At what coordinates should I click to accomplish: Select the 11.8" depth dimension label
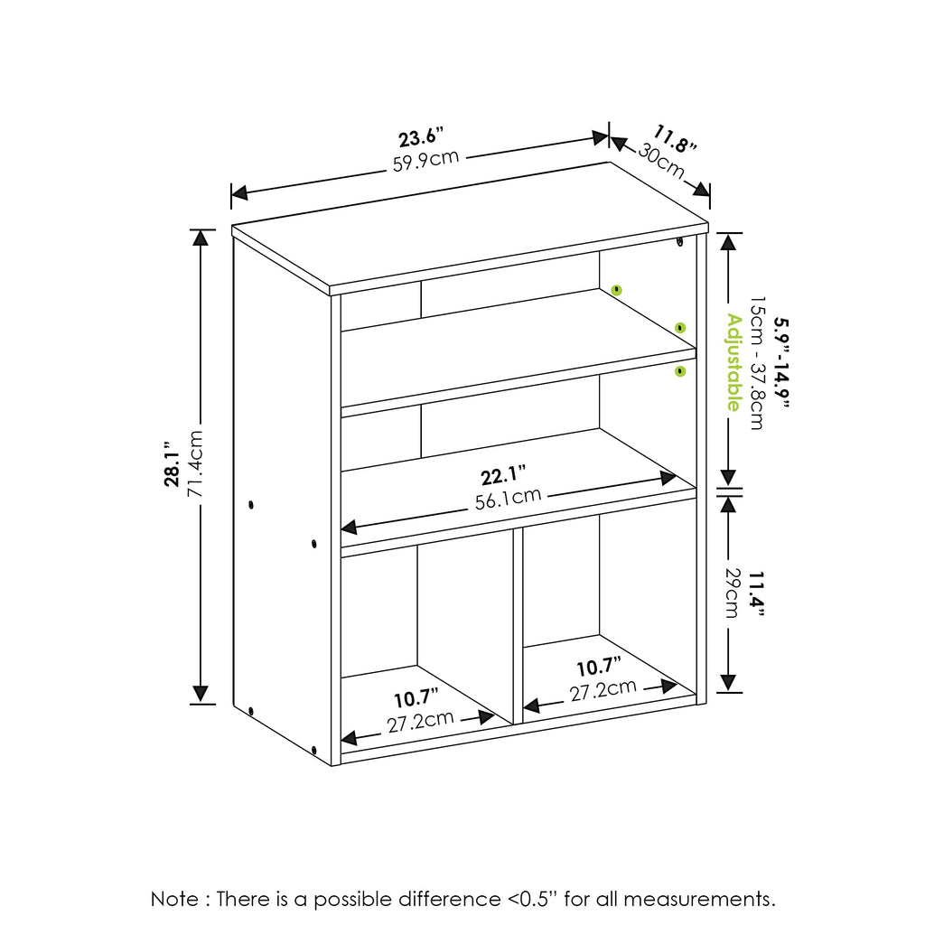click(676, 141)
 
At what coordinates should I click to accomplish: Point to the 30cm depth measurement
click(661, 161)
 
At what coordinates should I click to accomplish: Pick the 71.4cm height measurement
click(196, 464)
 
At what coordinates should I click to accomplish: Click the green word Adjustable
click(733, 361)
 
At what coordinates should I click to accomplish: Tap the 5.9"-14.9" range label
click(782, 361)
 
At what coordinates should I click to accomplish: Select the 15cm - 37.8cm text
click(757, 363)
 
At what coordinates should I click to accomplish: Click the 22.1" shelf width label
click(503, 475)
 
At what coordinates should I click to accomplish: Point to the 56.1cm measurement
click(509, 499)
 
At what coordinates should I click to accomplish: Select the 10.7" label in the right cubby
click(599, 668)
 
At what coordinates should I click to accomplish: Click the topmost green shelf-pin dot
click(616, 290)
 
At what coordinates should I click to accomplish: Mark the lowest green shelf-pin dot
click(680, 371)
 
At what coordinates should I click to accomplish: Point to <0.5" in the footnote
click(531, 900)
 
